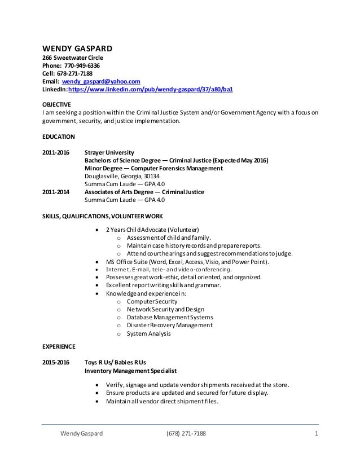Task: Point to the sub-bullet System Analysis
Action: click(148, 333)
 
